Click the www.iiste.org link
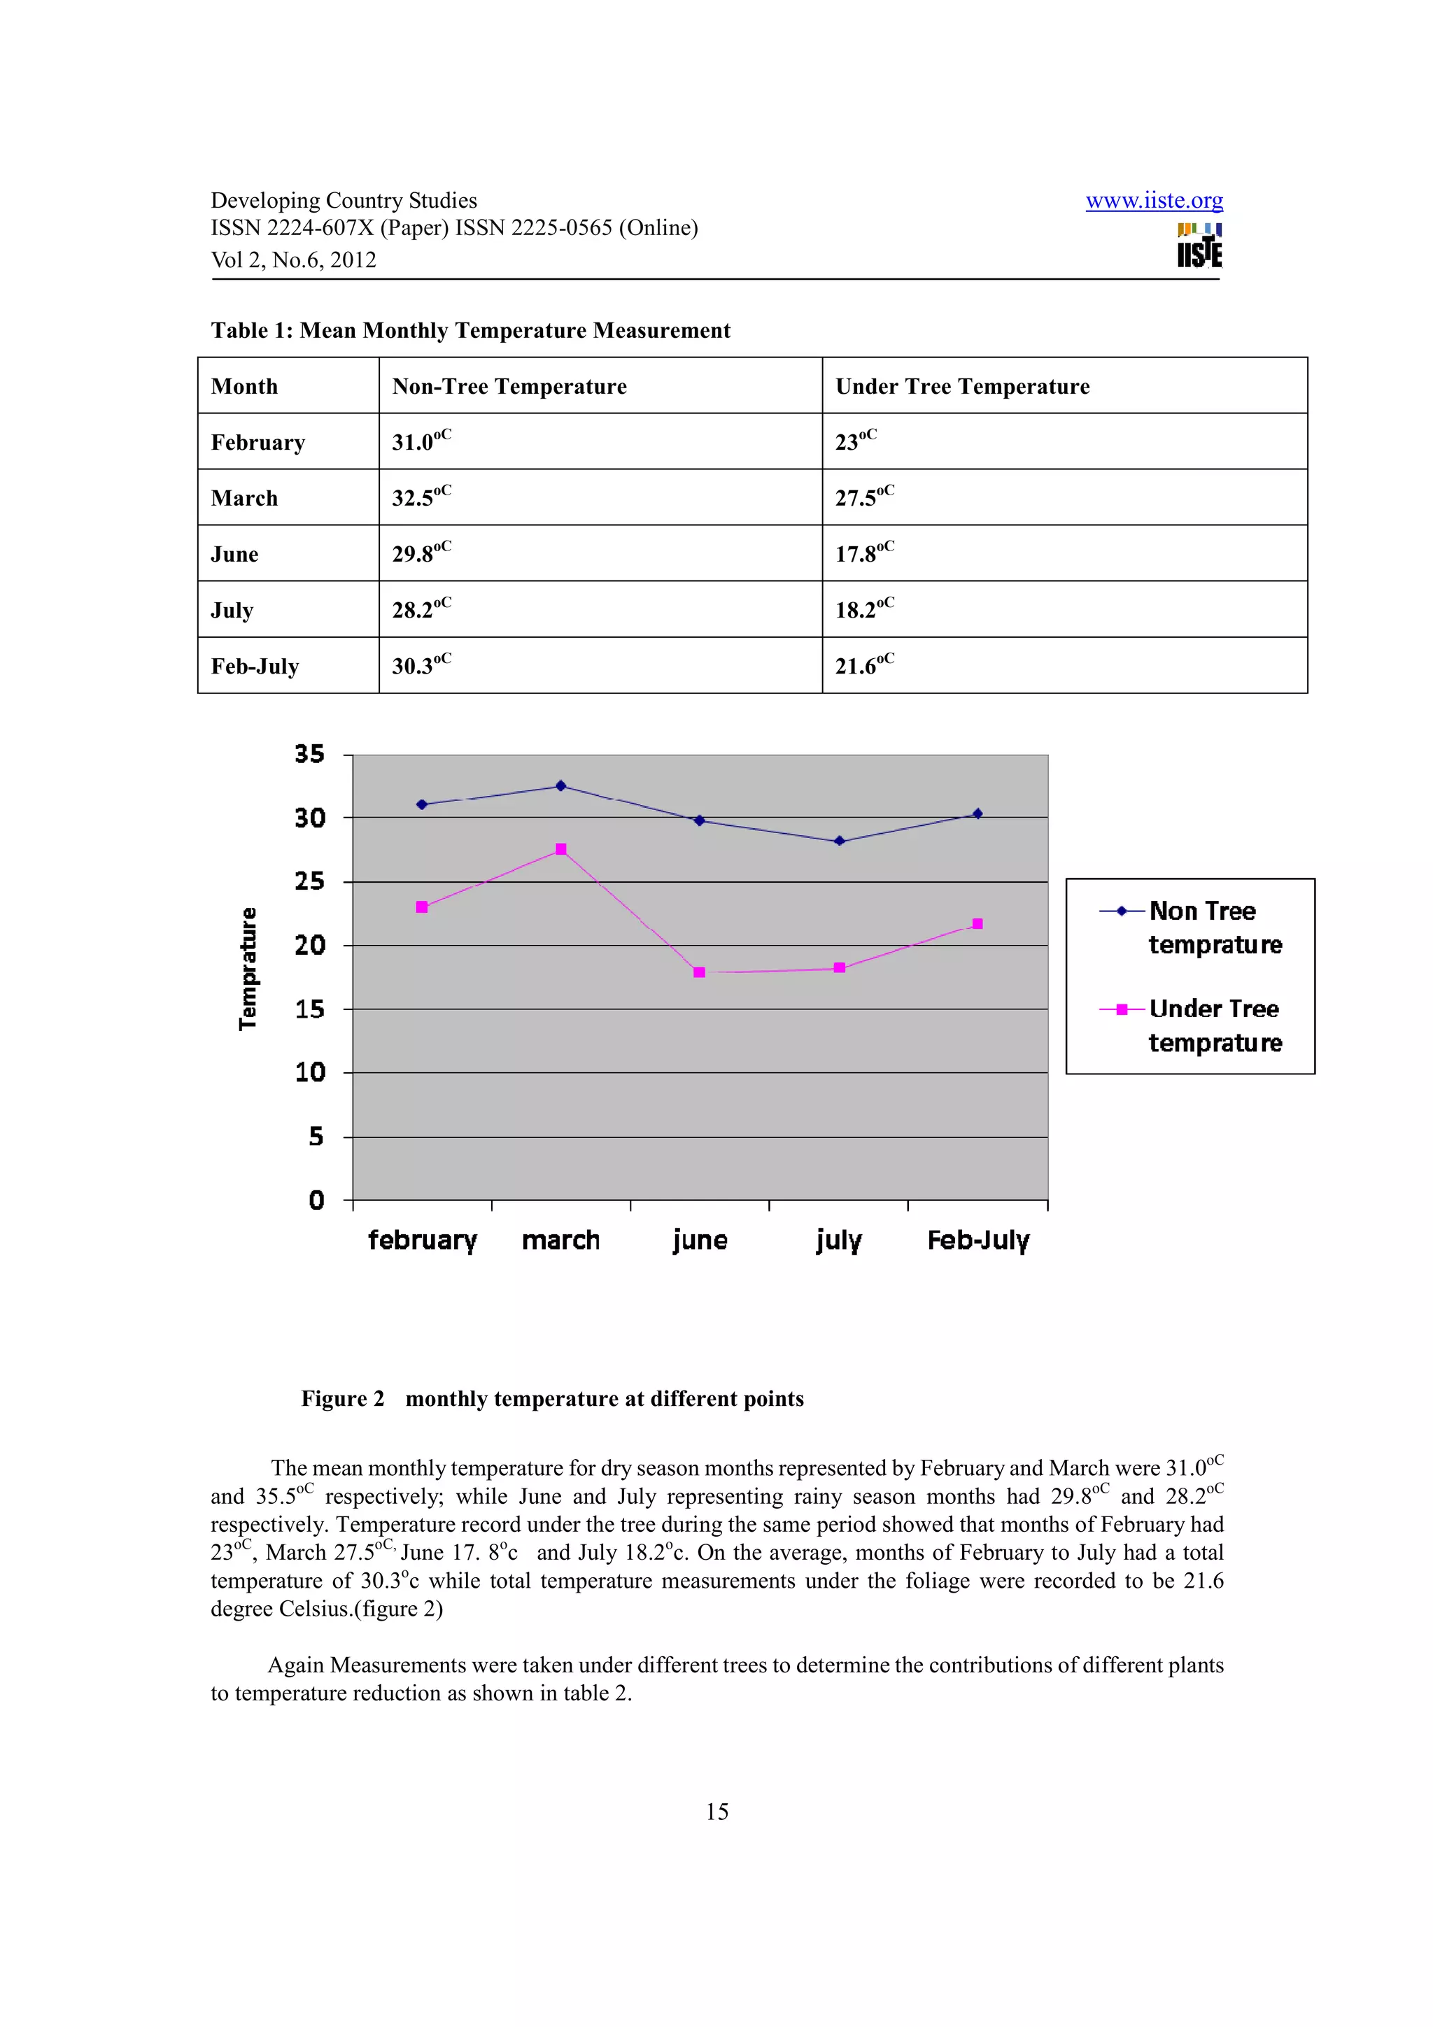pyautogui.click(x=1153, y=201)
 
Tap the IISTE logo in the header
pyautogui.click(x=1199, y=246)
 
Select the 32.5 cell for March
pyautogui.click(x=600, y=497)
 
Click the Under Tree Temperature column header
pyautogui.click(x=962, y=387)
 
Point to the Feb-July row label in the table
pyautogui.click(x=255, y=667)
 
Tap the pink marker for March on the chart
pyautogui.click(x=560, y=849)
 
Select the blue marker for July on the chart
pyautogui.click(x=839, y=841)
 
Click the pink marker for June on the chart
pyautogui.click(x=699, y=972)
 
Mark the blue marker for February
pyautogui.click(x=422, y=804)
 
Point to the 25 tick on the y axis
pyautogui.click(x=310, y=881)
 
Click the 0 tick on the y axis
pyautogui.click(x=316, y=1201)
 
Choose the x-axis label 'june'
pyautogui.click(x=699, y=1240)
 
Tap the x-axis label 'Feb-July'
pyautogui.click(x=977, y=1240)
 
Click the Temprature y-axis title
pyautogui.click(x=248, y=969)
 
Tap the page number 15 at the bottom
pyautogui.click(x=717, y=1812)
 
